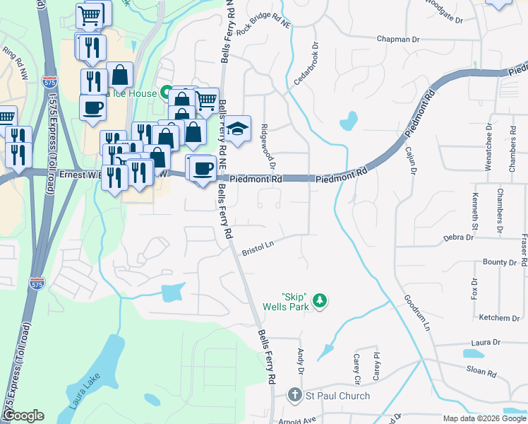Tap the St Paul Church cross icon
[296, 396]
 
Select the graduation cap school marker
[238, 129]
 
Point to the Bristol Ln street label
[258, 247]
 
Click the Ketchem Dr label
[499, 318]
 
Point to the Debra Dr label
[457, 238]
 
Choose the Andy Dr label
[301, 362]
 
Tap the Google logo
[23, 416]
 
